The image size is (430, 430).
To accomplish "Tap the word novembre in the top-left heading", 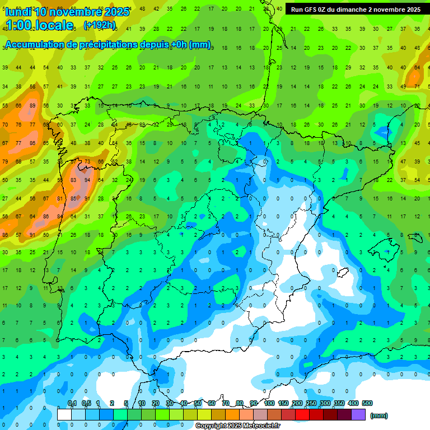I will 76,11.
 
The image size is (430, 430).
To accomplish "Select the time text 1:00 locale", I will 39,25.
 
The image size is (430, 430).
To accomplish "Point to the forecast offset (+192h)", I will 99,25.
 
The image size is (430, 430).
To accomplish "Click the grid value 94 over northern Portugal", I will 87,180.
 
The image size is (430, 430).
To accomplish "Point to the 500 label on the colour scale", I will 367,403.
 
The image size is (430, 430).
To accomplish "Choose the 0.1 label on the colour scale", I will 72,403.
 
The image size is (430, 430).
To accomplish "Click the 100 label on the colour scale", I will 269,403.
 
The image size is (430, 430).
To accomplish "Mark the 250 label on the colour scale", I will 311,403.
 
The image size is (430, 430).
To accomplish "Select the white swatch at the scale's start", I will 64,414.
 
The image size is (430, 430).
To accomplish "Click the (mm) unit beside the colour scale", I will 379,415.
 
